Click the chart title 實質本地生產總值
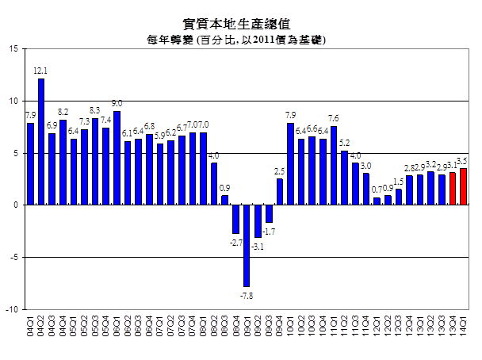pyautogui.click(x=240, y=23)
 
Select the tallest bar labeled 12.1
pyautogui.click(x=41, y=142)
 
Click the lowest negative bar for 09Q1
pyautogui.click(x=247, y=245)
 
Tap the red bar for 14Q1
pyautogui.click(x=463, y=186)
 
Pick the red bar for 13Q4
pyautogui.click(x=453, y=189)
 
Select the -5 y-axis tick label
pyautogui.click(x=13, y=257)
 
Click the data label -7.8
pyautogui.click(x=247, y=295)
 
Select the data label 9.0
pyautogui.click(x=117, y=103)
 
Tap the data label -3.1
pyautogui.click(x=258, y=247)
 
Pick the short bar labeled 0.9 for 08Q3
pyautogui.click(x=225, y=200)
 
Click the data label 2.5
pyautogui.click(x=280, y=170)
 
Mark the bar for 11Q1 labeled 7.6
pyautogui.click(x=334, y=166)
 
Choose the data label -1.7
pyautogui.click(x=269, y=232)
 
